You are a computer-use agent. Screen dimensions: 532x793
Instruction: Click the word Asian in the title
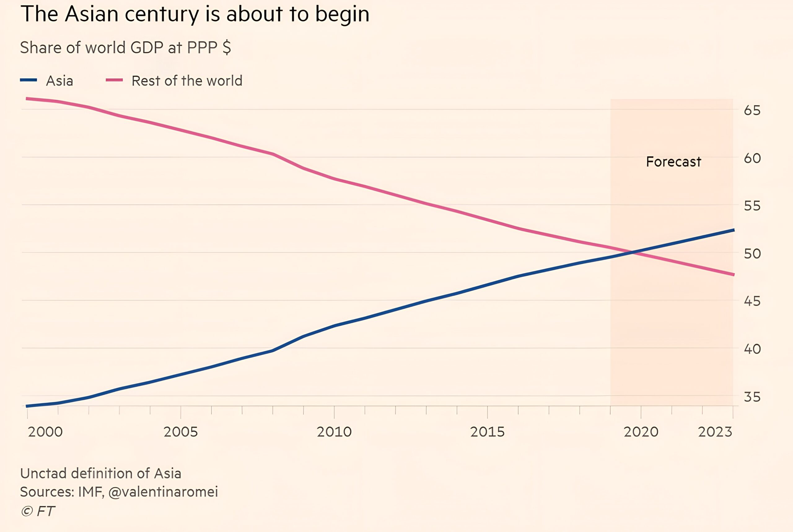click(92, 14)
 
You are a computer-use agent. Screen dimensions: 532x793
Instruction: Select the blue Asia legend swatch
click(28, 80)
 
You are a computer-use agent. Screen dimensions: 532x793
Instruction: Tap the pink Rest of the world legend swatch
click(114, 80)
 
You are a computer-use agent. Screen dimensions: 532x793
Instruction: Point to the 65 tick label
click(752, 110)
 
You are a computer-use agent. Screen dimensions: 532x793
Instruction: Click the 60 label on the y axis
click(752, 158)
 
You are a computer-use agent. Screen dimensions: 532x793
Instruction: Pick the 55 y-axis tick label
click(752, 205)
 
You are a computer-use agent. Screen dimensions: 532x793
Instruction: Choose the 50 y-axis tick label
click(752, 253)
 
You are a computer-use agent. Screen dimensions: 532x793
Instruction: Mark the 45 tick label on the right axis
click(752, 301)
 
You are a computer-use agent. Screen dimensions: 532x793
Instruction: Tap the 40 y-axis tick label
click(752, 349)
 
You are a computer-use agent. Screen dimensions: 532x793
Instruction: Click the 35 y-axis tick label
click(752, 397)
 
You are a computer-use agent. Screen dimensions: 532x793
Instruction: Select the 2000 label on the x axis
click(45, 432)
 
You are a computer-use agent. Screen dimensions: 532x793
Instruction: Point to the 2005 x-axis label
click(181, 432)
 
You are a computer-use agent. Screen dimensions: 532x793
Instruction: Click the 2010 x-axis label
click(334, 432)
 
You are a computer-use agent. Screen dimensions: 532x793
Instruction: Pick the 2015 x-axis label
click(487, 432)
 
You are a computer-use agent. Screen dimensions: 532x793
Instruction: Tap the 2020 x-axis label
click(641, 432)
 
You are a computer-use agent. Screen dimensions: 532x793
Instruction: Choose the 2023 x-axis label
click(715, 432)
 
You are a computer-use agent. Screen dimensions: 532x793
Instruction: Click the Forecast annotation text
click(673, 162)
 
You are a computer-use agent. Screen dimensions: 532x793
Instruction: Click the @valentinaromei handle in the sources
click(163, 492)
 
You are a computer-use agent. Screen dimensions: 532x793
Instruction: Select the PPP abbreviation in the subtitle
click(202, 47)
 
